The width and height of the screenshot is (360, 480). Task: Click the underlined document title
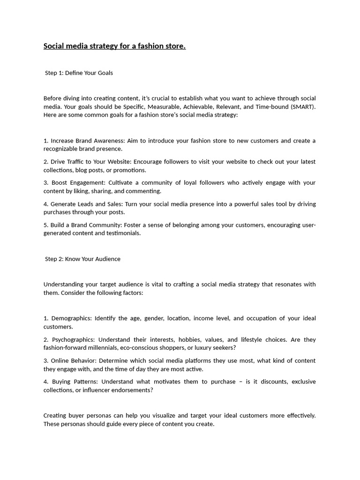[x=114, y=46]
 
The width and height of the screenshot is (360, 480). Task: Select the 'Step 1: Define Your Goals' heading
[x=79, y=73]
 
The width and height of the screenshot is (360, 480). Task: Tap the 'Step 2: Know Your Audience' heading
[x=82, y=259]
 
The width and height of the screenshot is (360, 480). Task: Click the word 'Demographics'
[x=71, y=318]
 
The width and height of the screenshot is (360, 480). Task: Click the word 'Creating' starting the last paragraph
[x=55, y=415]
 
